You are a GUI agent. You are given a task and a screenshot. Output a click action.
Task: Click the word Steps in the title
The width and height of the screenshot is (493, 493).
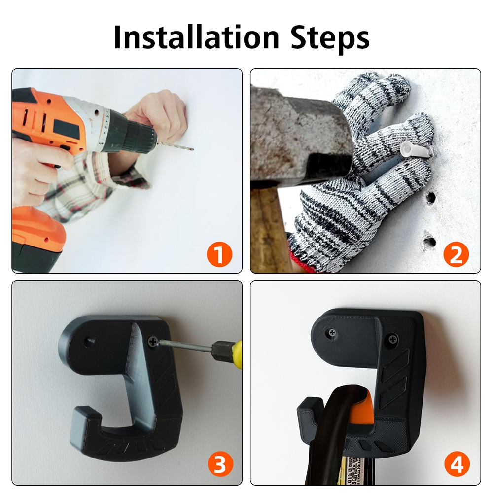tap(330, 38)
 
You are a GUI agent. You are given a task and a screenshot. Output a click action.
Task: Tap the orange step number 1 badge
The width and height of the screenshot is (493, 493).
tap(219, 254)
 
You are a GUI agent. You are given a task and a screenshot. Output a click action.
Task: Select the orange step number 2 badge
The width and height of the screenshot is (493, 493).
tap(456, 254)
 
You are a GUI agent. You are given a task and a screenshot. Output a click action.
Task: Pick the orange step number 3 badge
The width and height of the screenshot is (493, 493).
tap(220, 464)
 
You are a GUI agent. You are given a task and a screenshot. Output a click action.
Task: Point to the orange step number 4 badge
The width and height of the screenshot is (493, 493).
tap(457, 464)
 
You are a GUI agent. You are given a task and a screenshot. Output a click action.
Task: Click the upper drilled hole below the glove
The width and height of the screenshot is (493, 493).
tap(431, 197)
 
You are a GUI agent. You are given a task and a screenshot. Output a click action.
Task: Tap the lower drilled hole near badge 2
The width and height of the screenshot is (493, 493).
tap(429, 242)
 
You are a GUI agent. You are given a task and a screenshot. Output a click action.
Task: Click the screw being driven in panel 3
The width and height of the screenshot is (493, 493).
tap(153, 341)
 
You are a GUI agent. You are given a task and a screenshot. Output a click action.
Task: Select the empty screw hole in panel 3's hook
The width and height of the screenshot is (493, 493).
tap(90, 341)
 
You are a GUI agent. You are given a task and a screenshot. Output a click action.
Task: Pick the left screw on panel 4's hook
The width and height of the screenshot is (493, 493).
tap(332, 333)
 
